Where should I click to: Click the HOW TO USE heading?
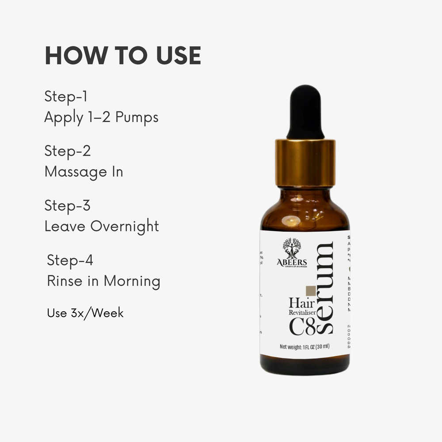(x=123, y=56)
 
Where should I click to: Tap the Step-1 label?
(x=66, y=96)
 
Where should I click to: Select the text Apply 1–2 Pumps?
(x=101, y=117)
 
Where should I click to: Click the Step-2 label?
(x=67, y=151)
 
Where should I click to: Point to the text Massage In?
(x=84, y=171)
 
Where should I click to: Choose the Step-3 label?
(x=67, y=206)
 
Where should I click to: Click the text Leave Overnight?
(x=101, y=226)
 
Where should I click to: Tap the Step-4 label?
(x=70, y=260)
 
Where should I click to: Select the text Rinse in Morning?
(x=103, y=281)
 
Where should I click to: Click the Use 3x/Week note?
(x=85, y=313)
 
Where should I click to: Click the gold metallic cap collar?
(x=305, y=163)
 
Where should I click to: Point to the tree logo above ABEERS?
(x=292, y=248)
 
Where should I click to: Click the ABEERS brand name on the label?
(x=292, y=262)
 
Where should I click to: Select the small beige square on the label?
(x=311, y=290)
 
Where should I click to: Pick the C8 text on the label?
(x=302, y=327)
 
